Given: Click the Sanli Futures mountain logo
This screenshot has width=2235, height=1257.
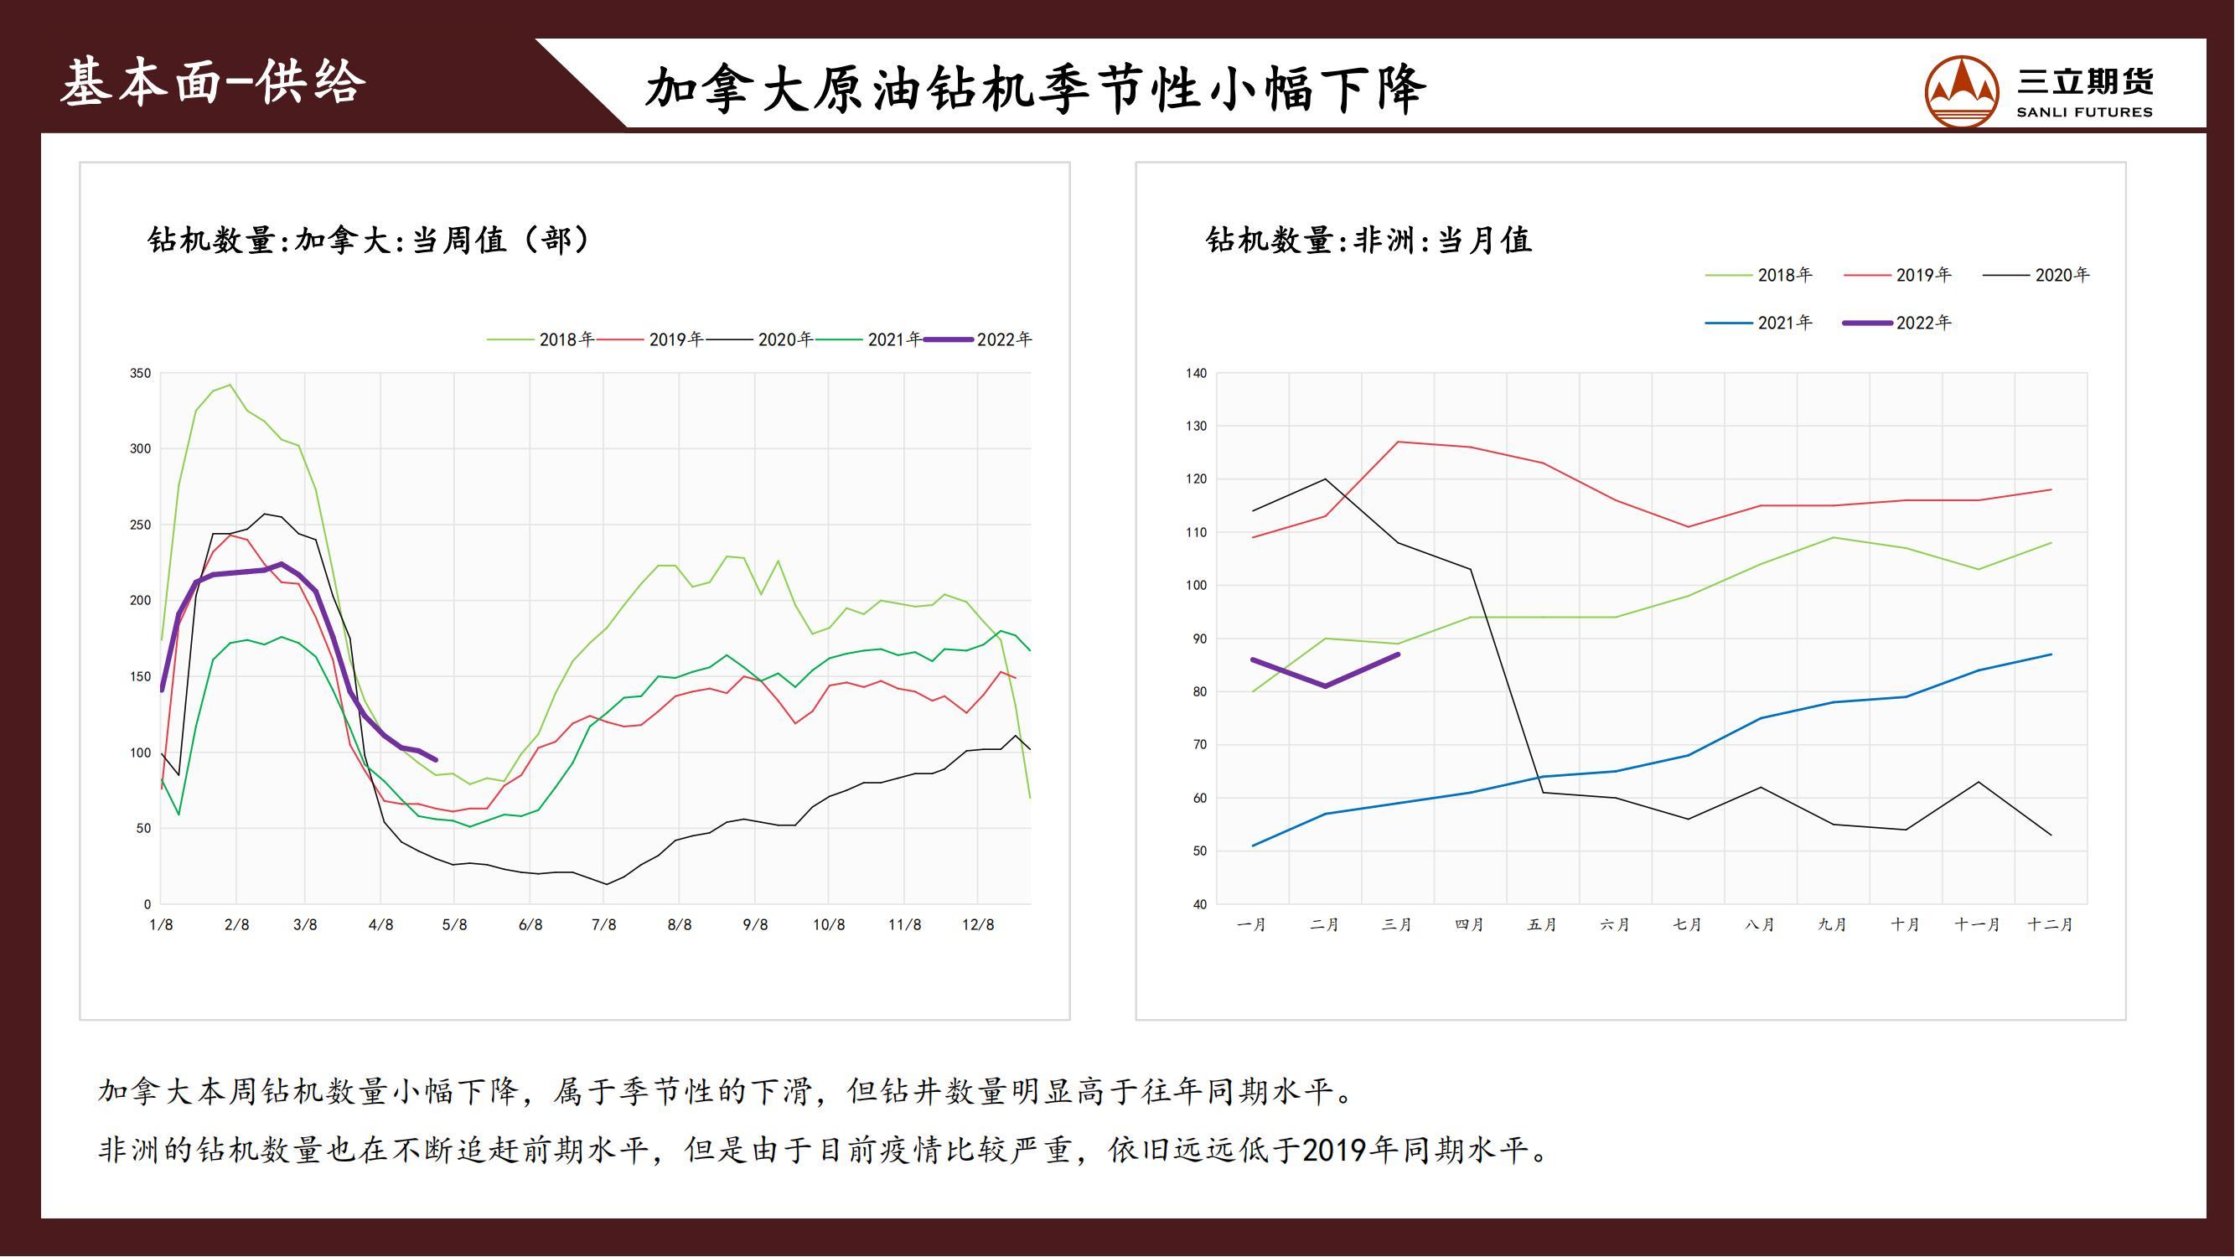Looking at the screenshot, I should click(1961, 91).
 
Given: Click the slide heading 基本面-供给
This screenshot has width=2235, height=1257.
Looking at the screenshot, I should click(213, 83).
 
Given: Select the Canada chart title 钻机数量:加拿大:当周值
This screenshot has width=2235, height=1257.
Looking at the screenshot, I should click(369, 240).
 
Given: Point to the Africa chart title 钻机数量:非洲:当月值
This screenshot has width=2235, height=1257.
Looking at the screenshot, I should click(1368, 240).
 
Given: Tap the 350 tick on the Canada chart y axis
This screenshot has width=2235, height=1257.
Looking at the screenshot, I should click(141, 373).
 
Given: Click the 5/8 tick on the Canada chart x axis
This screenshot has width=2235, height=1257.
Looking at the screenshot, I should click(455, 925).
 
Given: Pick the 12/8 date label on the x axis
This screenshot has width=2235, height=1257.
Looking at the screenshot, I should click(978, 925).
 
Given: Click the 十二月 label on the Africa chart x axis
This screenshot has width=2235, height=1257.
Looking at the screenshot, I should click(2049, 925).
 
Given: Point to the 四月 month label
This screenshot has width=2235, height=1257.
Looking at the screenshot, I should click(1469, 925).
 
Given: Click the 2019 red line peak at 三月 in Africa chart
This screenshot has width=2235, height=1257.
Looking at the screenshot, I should click(1398, 442).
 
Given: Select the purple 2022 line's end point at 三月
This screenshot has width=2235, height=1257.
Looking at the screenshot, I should click(1398, 655).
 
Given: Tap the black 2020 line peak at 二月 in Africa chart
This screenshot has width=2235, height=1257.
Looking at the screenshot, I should click(1325, 478).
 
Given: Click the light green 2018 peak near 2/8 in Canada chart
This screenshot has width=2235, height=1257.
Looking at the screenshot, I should click(229, 385).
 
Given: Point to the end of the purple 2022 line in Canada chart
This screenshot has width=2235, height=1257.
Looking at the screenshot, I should click(436, 760).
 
